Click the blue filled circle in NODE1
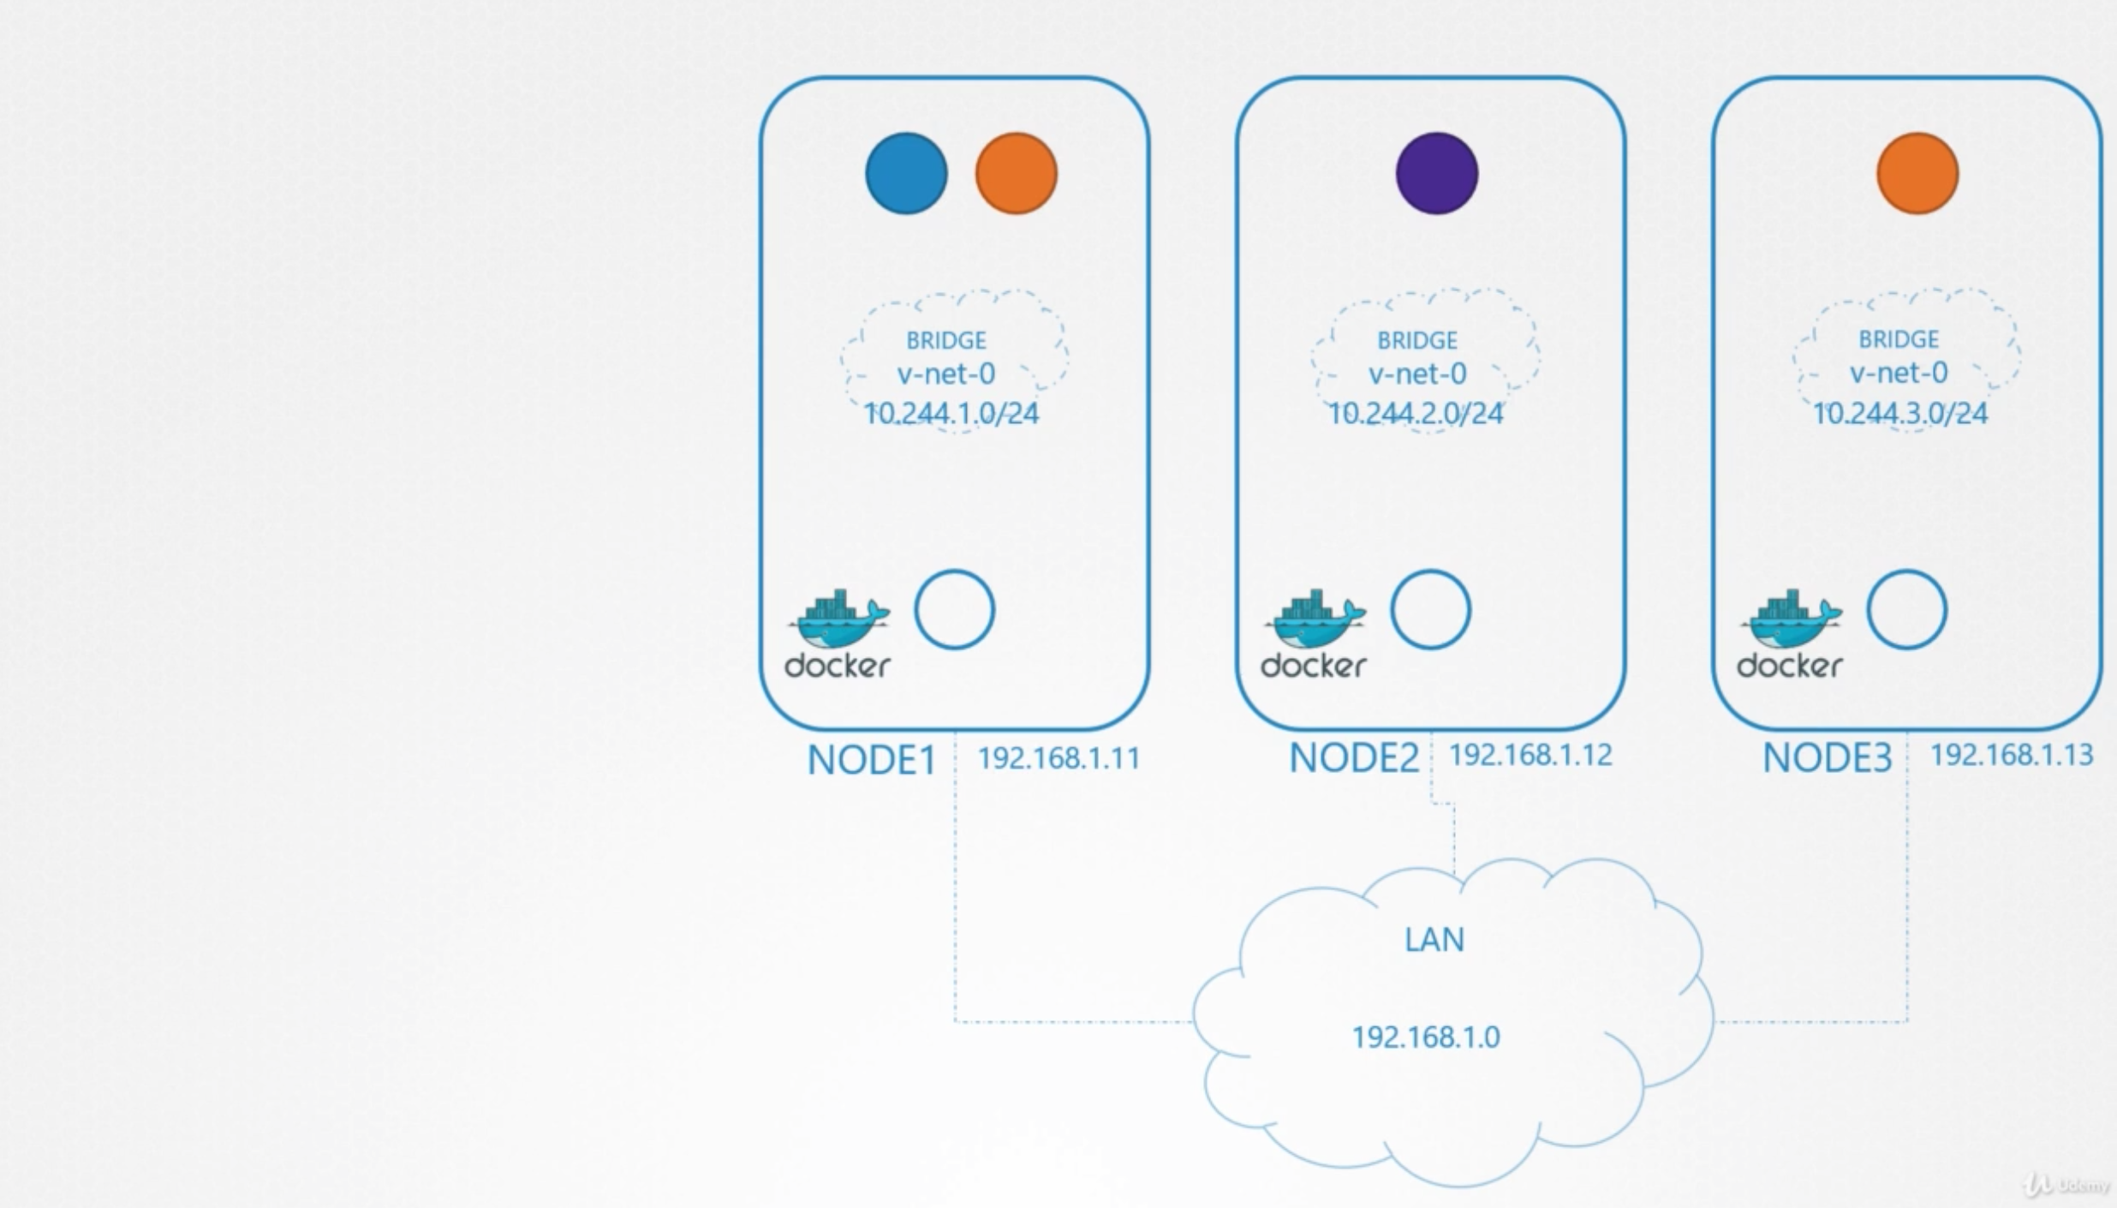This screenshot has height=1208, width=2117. [x=906, y=173]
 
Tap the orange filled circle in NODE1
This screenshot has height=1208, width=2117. [x=1017, y=173]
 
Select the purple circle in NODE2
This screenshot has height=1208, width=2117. [x=1436, y=173]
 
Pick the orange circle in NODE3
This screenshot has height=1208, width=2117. [x=1917, y=173]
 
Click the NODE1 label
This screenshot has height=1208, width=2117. [x=872, y=760]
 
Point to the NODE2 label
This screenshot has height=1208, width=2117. [x=1354, y=757]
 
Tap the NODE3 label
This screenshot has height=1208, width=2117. [x=1827, y=757]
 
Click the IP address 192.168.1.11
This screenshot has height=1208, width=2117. [x=1058, y=758]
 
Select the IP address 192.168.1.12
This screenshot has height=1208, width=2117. [x=1530, y=755]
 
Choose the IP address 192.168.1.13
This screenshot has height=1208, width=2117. [x=2011, y=755]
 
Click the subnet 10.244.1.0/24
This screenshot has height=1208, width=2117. [x=951, y=414]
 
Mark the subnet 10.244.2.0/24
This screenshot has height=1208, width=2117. [x=1416, y=414]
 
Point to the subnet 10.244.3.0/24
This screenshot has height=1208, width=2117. [x=1900, y=414]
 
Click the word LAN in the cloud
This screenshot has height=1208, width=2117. [x=1434, y=940]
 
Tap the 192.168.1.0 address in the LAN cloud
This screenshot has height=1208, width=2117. [x=1426, y=1038]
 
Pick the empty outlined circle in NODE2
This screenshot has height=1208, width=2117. [x=1430, y=610]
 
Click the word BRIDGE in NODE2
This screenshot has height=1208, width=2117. [x=1417, y=340]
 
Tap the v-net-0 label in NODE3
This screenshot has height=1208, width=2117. [x=1899, y=373]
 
